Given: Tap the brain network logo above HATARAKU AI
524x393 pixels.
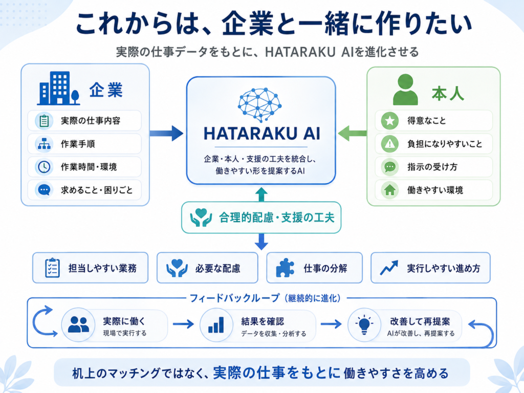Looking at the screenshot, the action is click(x=259, y=105).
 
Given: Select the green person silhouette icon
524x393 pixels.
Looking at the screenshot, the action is click(x=405, y=89).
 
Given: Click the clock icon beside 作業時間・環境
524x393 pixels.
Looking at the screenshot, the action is click(x=44, y=167).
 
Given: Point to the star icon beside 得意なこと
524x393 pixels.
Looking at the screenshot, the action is click(x=389, y=121).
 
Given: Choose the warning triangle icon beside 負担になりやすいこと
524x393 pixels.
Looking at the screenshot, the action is click(x=389, y=144).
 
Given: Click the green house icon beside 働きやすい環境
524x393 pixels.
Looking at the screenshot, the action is click(x=389, y=190).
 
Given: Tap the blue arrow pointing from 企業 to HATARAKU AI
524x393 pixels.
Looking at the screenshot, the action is click(x=166, y=134).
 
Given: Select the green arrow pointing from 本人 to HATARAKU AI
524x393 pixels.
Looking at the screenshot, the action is click(x=352, y=134).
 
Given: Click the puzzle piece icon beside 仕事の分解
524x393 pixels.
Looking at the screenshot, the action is click(x=285, y=268).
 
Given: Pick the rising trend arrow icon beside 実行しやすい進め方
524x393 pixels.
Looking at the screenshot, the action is click(x=389, y=268).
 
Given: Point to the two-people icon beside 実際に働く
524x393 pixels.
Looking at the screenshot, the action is click(x=78, y=324).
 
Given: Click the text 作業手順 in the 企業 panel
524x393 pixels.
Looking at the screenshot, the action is click(x=78, y=144).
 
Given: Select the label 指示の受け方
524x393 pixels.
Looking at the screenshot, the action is click(x=432, y=167).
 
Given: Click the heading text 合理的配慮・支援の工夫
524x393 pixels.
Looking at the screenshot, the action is click(x=277, y=217).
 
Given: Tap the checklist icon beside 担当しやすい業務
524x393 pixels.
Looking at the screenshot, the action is click(x=52, y=268).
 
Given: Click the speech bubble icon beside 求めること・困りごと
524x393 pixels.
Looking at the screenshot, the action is click(x=44, y=190).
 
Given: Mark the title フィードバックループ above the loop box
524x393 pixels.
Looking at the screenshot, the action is click(x=234, y=298).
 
